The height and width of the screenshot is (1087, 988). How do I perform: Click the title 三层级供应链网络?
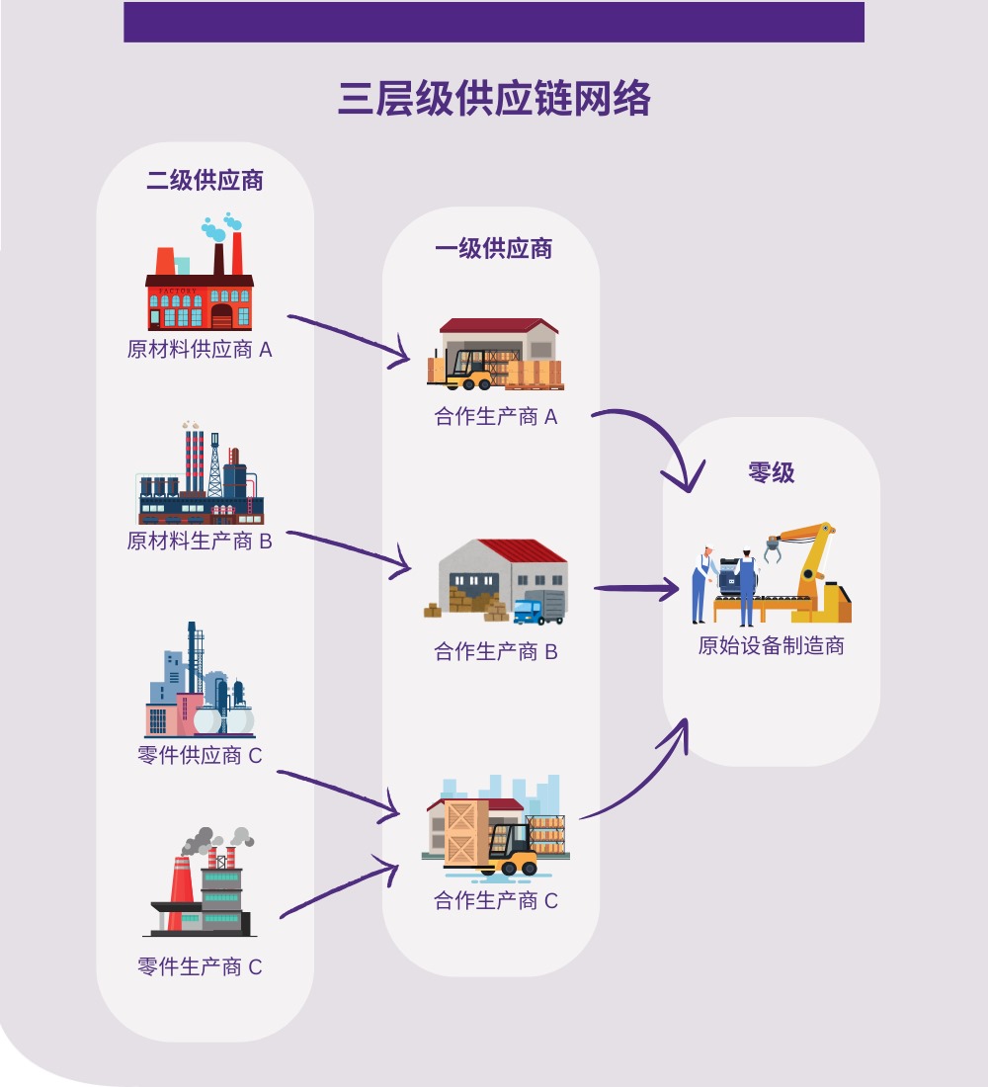pyautogui.click(x=494, y=98)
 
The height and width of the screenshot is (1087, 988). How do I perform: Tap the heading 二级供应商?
pyautogui.click(x=205, y=180)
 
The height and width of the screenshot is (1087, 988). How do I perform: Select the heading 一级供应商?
pyautogui.click(x=493, y=248)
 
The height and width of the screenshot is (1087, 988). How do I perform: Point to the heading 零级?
pyautogui.click(x=771, y=472)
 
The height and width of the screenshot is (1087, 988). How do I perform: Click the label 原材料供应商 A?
pyautogui.click(x=200, y=349)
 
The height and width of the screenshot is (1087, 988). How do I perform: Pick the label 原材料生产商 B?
pyautogui.click(x=200, y=541)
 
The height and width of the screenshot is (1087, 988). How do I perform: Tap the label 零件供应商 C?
pyautogui.click(x=200, y=755)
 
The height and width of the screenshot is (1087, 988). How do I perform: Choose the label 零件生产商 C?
pyautogui.click(x=200, y=966)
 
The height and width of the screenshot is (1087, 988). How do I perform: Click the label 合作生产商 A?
pyautogui.click(x=496, y=416)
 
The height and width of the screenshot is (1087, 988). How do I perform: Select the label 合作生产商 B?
pyautogui.click(x=496, y=651)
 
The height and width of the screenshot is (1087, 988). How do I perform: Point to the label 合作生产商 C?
pyautogui.click(x=496, y=900)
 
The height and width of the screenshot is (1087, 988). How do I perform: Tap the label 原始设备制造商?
pyautogui.click(x=771, y=645)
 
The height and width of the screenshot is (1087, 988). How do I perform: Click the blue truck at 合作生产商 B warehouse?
pyautogui.click(x=539, y=608)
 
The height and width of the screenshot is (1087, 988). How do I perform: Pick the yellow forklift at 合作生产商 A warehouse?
pyautogui.click(x=469, y=370)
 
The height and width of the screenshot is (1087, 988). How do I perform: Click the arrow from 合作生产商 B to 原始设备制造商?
pyautogui.click(x=636, y=589)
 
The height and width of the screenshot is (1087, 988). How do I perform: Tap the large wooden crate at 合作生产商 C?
pyautogui.click(x=466, y=833)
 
